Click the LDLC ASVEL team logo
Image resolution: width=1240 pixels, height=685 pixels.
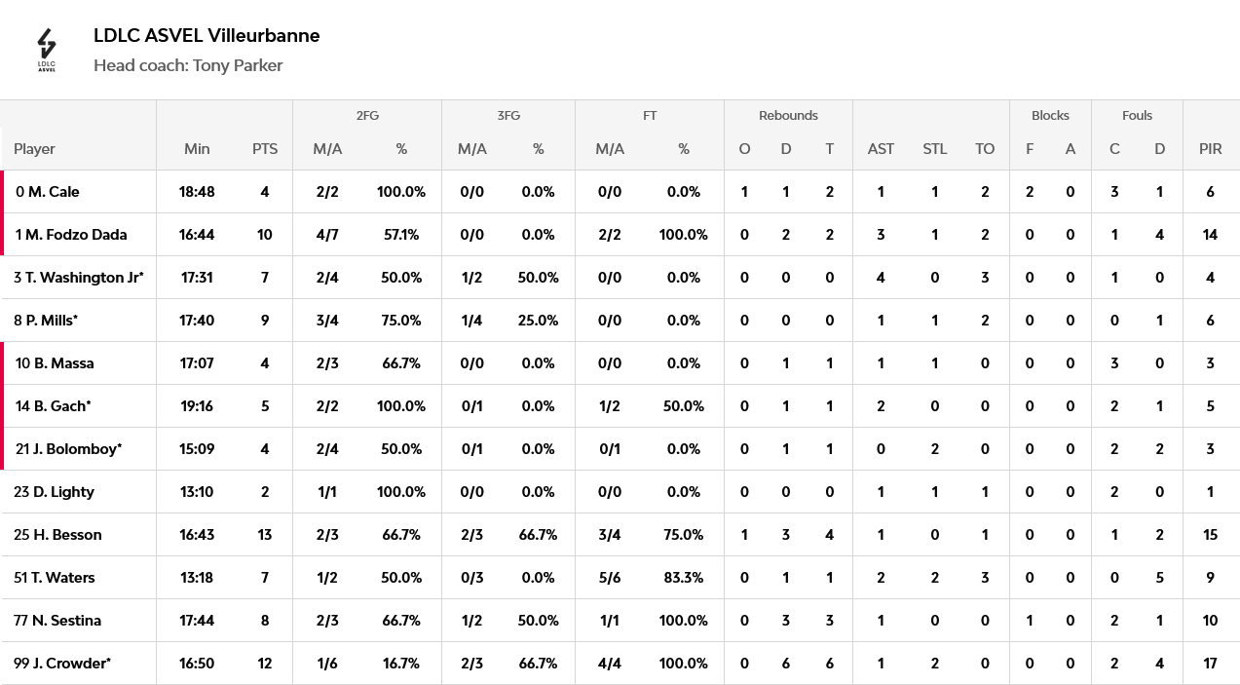coord(47,51)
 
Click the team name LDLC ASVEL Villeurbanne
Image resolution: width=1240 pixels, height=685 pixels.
coord(207,35)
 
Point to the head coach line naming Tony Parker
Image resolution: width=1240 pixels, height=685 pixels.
coord(188,65)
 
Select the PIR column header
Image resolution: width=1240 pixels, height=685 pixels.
coord(1210,149)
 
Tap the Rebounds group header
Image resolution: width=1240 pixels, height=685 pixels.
coord(788,115)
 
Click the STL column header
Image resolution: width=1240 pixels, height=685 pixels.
coord(934,149)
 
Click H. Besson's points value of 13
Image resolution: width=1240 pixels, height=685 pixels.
coord(265,534)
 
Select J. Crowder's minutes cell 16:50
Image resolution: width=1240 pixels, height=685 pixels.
coord(197,663)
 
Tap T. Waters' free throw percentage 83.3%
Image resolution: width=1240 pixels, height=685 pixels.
coord(684,578)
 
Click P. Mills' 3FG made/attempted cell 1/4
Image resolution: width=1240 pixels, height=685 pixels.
coord(471,320)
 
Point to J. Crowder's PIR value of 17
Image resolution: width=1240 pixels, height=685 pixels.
coord(1210,663)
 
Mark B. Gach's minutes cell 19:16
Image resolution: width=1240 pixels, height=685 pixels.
coord(197,406)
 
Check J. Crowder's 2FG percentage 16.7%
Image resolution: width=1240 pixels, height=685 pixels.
coord(401,663)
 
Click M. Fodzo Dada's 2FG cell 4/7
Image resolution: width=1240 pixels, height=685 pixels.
coord(327,234)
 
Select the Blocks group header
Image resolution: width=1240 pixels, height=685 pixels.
coord(1050,115)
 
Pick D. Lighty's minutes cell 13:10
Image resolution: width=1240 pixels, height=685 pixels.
coord(197,492)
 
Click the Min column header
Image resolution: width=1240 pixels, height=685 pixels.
coord(197,149)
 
